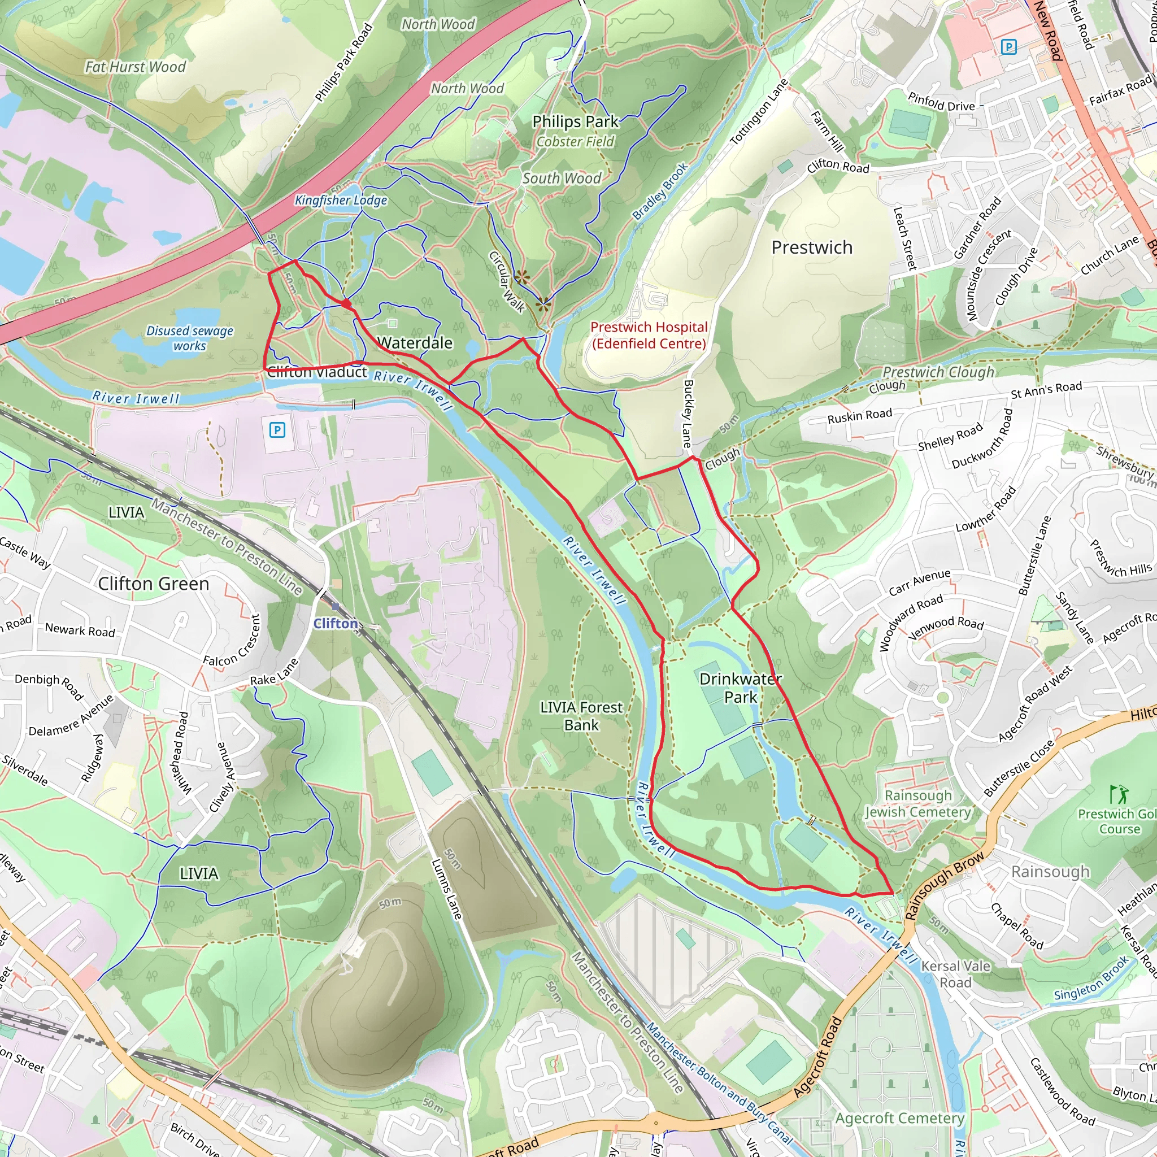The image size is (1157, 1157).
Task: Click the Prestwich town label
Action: [811, 247]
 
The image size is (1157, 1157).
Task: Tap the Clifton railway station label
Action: [336, 624]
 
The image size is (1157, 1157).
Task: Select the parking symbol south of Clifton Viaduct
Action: [277, 429]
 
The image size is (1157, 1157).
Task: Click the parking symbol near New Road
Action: [1009, 47]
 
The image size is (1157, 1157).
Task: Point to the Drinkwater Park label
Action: [741, 688]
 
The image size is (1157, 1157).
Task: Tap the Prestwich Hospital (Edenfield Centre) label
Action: [649, 336]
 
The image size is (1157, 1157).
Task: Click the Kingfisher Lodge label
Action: [341, 200]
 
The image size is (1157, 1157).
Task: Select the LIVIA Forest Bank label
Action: [581, 716]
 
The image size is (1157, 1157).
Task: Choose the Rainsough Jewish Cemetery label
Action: [918, 804]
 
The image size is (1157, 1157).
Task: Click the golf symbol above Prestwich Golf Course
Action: [1117, 794]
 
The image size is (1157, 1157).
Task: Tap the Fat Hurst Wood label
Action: [136, 67]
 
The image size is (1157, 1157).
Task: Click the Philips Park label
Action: [575, 121]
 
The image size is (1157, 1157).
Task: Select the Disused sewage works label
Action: [190, 338]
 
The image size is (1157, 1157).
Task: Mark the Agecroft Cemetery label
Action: [899, 1118]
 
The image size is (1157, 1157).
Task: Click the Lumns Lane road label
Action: [447, 889]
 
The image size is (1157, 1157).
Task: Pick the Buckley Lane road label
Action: [688, 414]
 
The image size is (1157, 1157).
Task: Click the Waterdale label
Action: [415, 343]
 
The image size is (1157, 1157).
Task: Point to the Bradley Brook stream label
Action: [660, 191]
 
